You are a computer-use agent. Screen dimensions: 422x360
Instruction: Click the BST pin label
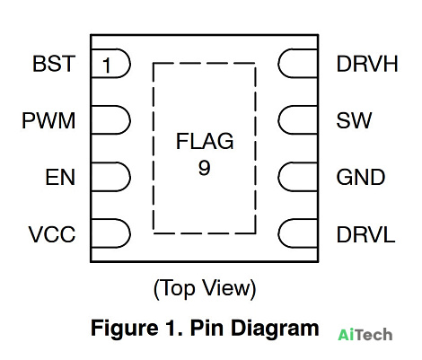pyautogui.click(x=54, y=64)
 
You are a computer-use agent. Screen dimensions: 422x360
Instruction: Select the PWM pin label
pyautogui.click(x=48, y=120)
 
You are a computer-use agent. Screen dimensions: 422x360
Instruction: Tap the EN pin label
pyautogui.click(x=60, y=177)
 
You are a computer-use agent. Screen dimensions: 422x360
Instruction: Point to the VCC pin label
pyautogui.click(x=52, y=234)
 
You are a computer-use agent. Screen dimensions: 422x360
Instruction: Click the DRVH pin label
pyautogui.click(x=367, y=64)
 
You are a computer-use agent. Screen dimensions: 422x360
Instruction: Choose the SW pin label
pyautogui.click(x=354, y=120)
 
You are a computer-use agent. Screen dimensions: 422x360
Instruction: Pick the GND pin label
pyautogui.click(x=361, y=177)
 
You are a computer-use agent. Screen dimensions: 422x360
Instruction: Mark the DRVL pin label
pyautogui.click(x=365, y=234)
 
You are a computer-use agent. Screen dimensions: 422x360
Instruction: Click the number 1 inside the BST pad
pyautogui.click(x=106, y=66)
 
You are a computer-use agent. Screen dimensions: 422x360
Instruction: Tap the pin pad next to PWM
pyautogui.click(x=110, y=120)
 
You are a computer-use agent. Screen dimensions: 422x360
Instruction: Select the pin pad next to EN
pyautogui.click(x=110, y=177)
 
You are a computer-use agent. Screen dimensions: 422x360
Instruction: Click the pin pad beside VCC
pyautogui.click(x=110, y=233)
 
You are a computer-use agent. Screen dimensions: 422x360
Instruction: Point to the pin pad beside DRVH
pyautogui.click(x=298, y=63)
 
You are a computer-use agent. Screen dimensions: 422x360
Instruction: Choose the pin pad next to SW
pyautogui.click(x=298, y=120)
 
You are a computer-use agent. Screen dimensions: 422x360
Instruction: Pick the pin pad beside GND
pyautogui.click(x=298, y=177)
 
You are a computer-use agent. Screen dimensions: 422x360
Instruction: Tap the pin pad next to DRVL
pyautogui.click(x=298, y=233)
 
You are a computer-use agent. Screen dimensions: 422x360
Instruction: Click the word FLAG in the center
pyautogui.click(x=205, y=141)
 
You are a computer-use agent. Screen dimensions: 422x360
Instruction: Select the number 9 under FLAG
pyautogui.click(x=205, y=167)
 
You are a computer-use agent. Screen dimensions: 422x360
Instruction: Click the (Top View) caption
pyautogui.click(x=205, y=288)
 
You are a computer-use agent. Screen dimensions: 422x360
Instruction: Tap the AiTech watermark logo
pyautogui.click(x=365, y=335)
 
